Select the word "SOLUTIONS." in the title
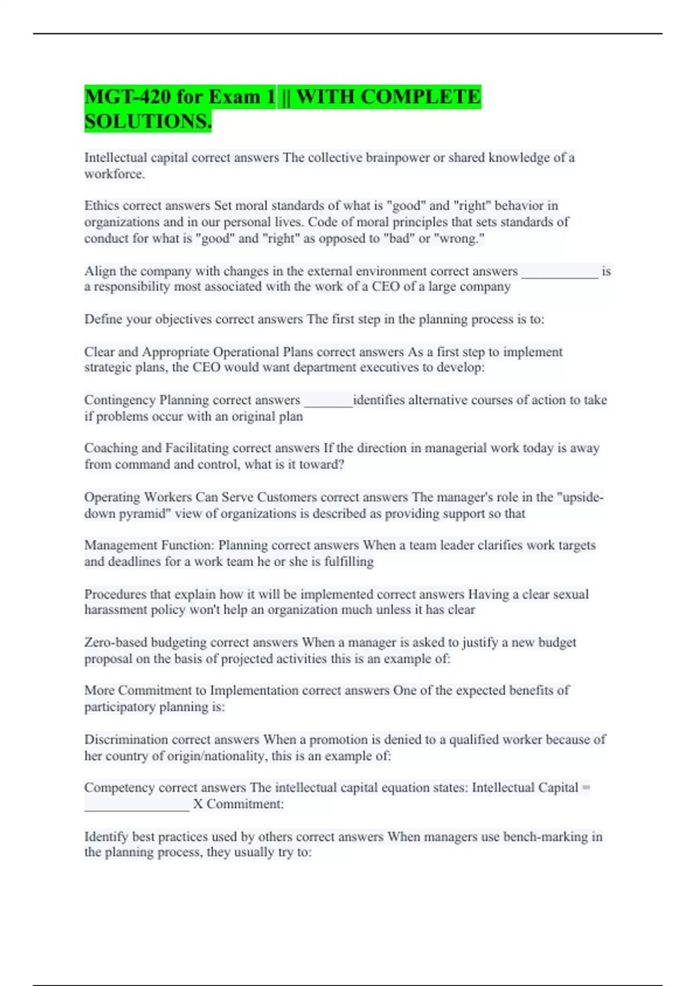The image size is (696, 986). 148,122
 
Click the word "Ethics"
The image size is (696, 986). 101,205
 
